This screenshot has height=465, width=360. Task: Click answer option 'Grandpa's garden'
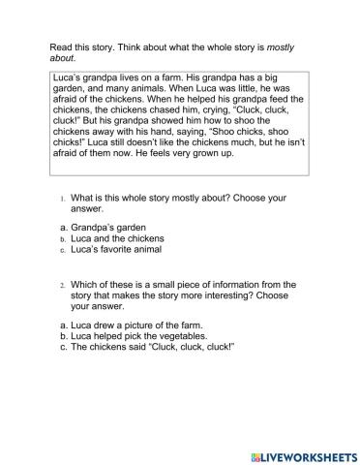click(107, 228)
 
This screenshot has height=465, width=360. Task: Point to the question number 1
click(61, 198)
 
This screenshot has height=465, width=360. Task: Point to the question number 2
click(61, 284)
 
